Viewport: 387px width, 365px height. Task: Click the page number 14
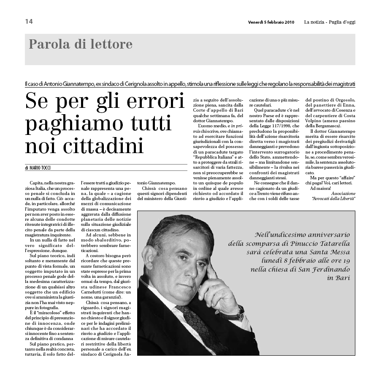(x=29, y=22)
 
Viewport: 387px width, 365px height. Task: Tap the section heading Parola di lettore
(x=81, y=44)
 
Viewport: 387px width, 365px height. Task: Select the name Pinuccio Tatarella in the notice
(x=308, y=244)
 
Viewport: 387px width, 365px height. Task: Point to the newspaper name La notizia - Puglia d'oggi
(x=330, y=22)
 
